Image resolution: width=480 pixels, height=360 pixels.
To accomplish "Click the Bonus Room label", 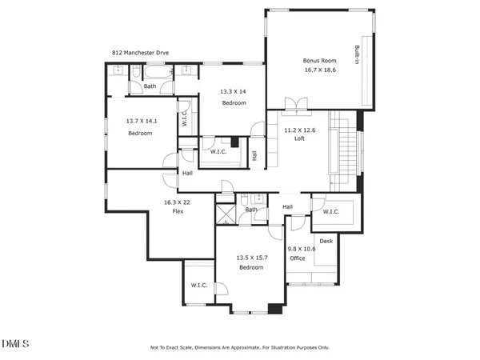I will click(x=318, y=61).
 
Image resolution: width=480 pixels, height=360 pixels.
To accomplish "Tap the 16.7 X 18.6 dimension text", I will click(x=318, y=70).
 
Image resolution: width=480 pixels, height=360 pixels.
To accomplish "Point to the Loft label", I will click(x=300, y=138).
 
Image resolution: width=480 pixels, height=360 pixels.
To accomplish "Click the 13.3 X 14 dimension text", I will click(x=233, y=92).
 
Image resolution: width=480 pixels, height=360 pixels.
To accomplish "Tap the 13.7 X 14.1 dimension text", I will click(x=141, y=122).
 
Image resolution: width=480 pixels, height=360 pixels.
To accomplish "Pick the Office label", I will click(x=298, y=258).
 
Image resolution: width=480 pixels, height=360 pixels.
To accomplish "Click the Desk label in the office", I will click(x=326, y=241).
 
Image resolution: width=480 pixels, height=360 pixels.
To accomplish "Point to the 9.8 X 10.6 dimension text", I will click(x=302, y=249).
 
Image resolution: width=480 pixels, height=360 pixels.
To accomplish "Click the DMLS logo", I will click(x=15, y=345).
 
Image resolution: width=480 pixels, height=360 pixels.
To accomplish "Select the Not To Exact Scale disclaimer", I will click(x=239, y=347).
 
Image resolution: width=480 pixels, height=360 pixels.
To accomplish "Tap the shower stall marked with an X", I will click(x=226, y=215).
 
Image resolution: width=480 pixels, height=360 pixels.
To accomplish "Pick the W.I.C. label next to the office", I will click(x=332, y=212).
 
